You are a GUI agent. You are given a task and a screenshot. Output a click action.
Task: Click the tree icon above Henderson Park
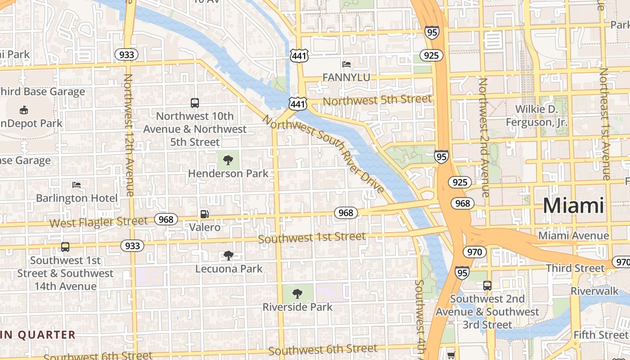[x=228, y=160]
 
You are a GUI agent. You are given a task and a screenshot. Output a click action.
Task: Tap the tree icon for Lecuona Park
[x=229, y=256]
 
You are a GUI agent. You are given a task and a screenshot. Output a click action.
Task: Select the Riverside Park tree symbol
[x=297, y=294]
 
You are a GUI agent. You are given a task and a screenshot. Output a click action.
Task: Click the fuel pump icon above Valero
[x=204, y=214]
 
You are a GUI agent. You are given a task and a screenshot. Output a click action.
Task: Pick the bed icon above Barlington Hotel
[x=76, y=185]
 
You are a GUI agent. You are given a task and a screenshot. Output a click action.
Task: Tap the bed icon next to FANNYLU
[x=346, y=64]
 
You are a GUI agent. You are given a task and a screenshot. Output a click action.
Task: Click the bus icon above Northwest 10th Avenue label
[x=195, y=103]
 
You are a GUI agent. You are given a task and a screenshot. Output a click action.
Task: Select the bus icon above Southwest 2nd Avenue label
[x=487, y=285]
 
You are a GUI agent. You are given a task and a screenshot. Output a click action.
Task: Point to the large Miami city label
[x=573, y=206]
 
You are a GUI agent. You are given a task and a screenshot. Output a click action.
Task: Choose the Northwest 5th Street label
[x=377, y=100]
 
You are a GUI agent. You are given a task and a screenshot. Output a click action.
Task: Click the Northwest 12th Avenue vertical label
[x=129, y=135]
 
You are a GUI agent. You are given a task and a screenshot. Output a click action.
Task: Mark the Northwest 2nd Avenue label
[x=484, y=137]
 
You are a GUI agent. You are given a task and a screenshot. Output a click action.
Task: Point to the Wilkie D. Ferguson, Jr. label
[x=536, y=116]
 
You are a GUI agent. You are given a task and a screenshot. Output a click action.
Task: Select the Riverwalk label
[x=595, y=291]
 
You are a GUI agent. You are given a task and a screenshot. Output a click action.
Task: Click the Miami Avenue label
[x=573, y=236]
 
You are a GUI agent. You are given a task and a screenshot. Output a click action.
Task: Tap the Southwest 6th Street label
[x=323, y=350]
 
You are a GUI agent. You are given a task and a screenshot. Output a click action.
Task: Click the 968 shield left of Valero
[x=166, y=220]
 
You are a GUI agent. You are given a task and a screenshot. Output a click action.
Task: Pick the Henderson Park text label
[x=228, y=174]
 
